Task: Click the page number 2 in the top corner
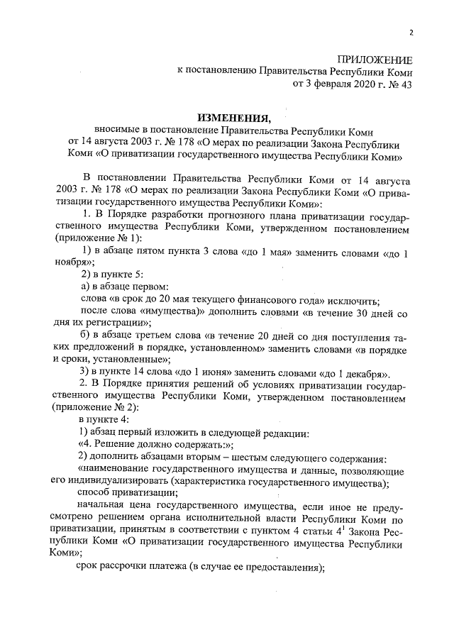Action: tap(411, 31)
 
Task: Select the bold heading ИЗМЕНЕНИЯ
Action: tap(233, 118)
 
